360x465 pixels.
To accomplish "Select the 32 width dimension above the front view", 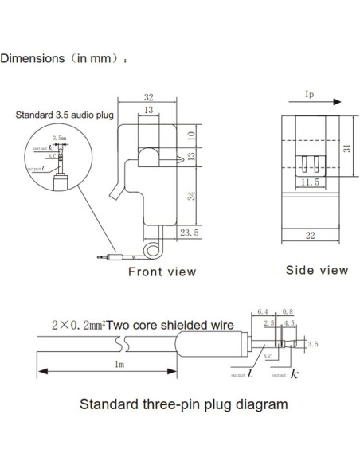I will coord(150,92).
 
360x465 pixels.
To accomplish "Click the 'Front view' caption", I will coord(162,272).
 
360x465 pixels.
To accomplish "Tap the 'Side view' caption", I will coord(317,270).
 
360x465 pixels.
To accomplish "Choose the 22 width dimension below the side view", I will coord(312,234).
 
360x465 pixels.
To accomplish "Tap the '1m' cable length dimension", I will coord(119,365).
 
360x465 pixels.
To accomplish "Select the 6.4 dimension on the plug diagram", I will coord(262,311).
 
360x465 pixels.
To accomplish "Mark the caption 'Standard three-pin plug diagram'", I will coord(183,404).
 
